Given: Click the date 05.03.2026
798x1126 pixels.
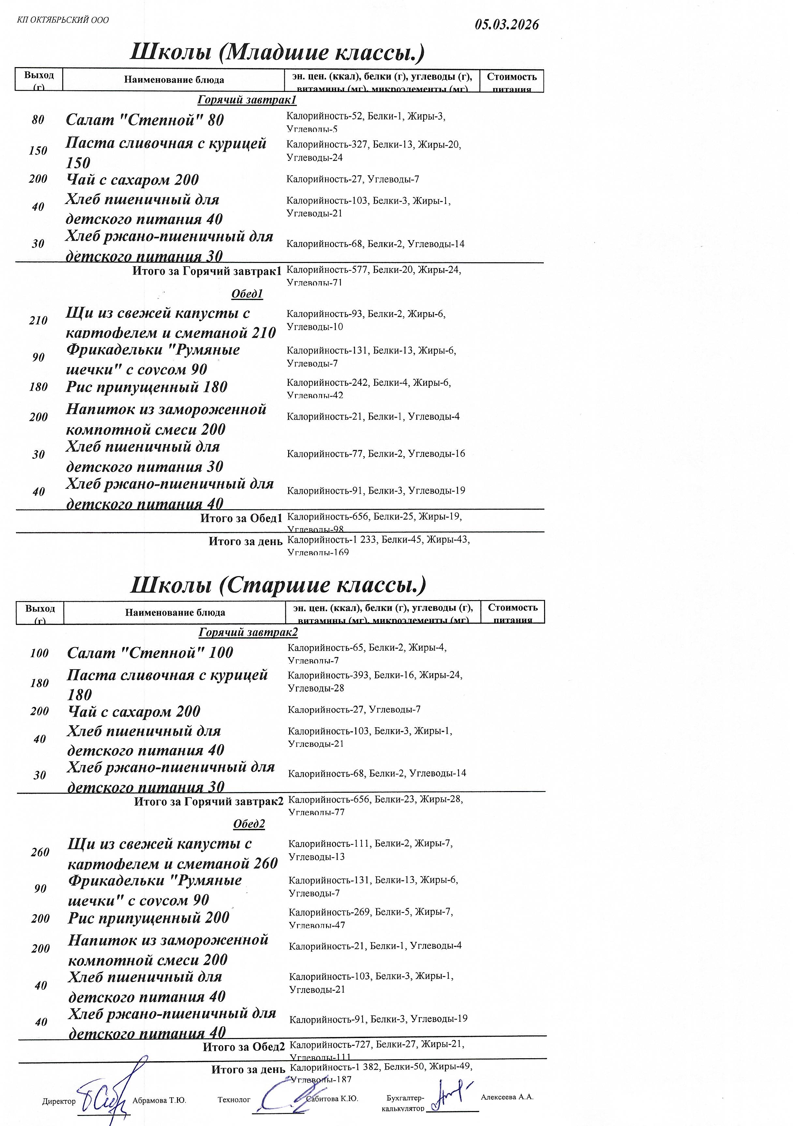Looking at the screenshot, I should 507,24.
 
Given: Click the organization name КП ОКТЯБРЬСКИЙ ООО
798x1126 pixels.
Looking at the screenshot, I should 63,20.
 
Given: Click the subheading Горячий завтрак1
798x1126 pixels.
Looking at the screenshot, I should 247,100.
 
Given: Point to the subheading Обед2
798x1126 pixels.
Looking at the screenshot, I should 249,824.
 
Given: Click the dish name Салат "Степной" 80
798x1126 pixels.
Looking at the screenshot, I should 145,120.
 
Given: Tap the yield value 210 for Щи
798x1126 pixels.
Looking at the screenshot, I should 38,321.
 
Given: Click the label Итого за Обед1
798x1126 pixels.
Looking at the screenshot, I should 241,518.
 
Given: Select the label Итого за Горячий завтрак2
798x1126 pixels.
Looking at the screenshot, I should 209,801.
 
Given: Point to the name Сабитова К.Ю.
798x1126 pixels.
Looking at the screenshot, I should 332,1099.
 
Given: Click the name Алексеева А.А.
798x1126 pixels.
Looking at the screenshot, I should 507,1097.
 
